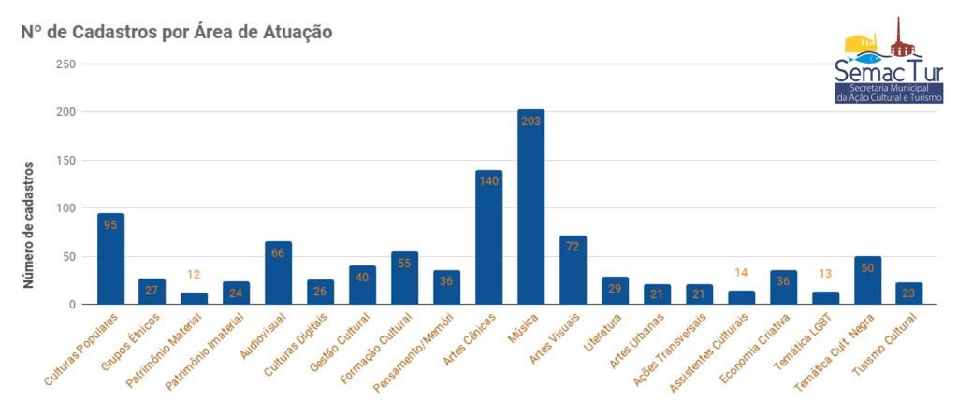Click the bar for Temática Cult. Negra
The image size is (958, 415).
coord(867,280)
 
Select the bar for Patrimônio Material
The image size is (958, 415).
coord(194,299)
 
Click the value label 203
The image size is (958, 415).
coord(530,121)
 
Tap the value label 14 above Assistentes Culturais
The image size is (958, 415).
coord(741,273)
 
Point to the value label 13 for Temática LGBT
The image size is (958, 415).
coord(825,274)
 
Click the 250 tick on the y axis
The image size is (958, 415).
coord(65,64)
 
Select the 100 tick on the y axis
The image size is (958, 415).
coord(65,208)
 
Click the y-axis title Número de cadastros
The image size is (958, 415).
coord(29,224)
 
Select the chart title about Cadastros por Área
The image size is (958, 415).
coord(177,32)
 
